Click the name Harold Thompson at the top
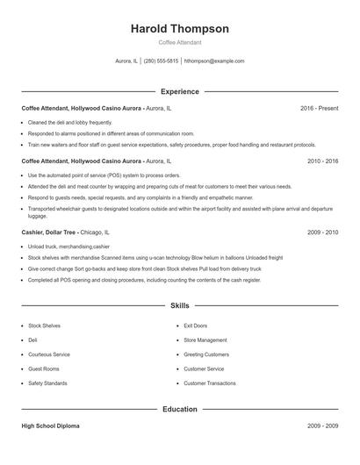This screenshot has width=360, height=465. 179,29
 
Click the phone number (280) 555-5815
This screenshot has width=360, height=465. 161,61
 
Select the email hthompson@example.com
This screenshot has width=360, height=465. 214,61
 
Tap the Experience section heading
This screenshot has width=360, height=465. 179,91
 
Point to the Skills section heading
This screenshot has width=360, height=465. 179,306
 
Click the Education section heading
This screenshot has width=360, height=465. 179,409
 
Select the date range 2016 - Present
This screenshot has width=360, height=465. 319,108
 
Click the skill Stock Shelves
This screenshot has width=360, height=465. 44,325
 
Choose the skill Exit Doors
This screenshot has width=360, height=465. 195,325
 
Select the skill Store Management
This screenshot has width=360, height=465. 205,340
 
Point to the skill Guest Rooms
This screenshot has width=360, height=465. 43,369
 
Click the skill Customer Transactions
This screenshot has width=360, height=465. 209,383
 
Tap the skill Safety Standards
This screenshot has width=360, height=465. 47,383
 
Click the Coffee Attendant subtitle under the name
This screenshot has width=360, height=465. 179,42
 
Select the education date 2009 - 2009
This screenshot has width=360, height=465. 322,426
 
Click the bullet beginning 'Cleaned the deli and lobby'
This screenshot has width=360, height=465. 70,122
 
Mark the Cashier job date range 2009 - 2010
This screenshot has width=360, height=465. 322,232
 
